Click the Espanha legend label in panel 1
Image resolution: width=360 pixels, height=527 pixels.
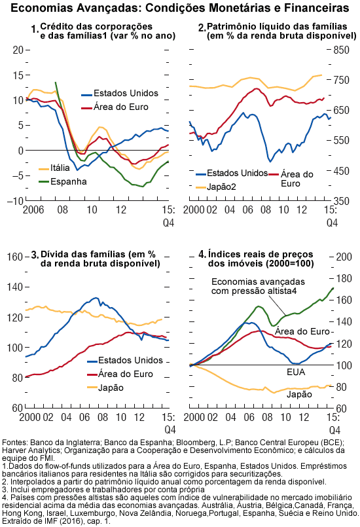[69, 182]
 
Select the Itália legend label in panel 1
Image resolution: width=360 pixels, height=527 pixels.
[60, 168]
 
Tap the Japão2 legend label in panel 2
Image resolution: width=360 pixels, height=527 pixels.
[221, 187]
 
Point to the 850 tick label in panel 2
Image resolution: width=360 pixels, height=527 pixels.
[342, 50]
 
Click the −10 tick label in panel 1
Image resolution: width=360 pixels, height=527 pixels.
[16, 201]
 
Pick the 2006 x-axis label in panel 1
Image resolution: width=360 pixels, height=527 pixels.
[33, 210]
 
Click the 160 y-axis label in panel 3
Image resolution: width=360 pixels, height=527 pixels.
[15, 257]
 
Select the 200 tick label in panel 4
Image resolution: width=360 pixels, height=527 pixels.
[344, 257]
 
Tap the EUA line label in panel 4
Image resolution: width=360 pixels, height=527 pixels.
[296, 373]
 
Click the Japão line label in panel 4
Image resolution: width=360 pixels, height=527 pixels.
[299, 395]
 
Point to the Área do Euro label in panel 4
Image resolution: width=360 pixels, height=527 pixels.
[302, 332]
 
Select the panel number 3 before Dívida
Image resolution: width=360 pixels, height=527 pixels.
[35, 255]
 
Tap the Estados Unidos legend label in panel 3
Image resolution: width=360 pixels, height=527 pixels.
[130, 361]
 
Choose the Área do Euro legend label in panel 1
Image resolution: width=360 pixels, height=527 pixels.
[121, 107]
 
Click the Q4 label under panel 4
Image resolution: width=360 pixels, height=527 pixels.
[334, 431]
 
